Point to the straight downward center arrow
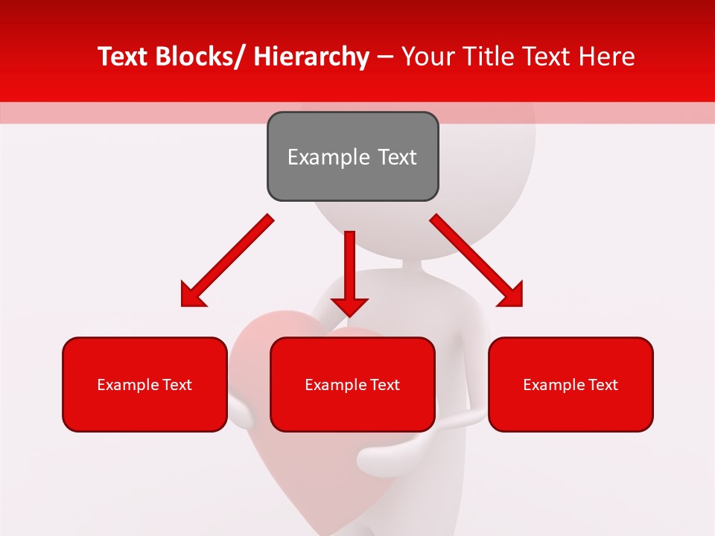tap(349, 268)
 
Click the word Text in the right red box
tap(601, 385)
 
